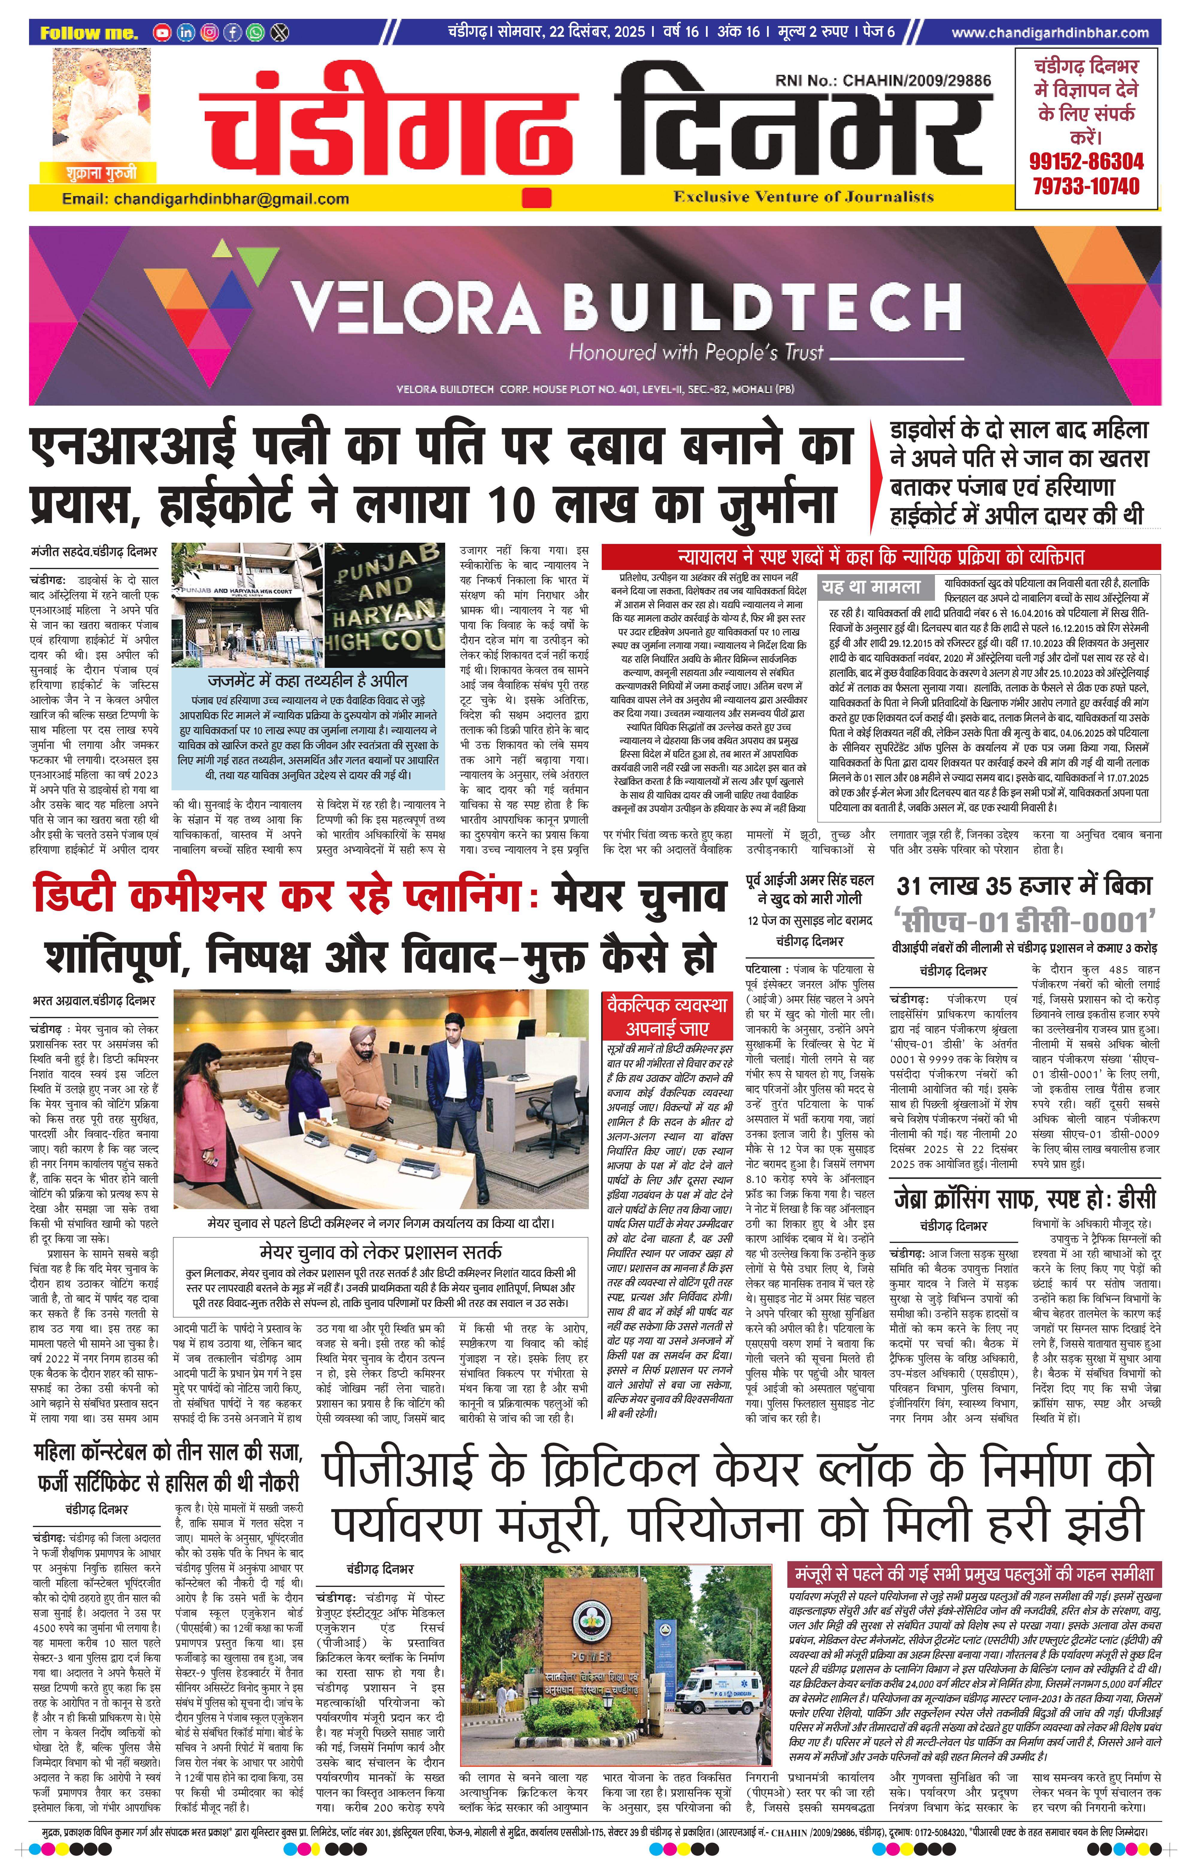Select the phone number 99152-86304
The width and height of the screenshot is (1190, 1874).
point(1086,162)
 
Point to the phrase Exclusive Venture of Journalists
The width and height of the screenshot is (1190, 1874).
point(803,197)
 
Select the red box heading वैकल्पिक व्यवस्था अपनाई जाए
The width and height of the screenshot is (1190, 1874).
point(667,1015)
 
